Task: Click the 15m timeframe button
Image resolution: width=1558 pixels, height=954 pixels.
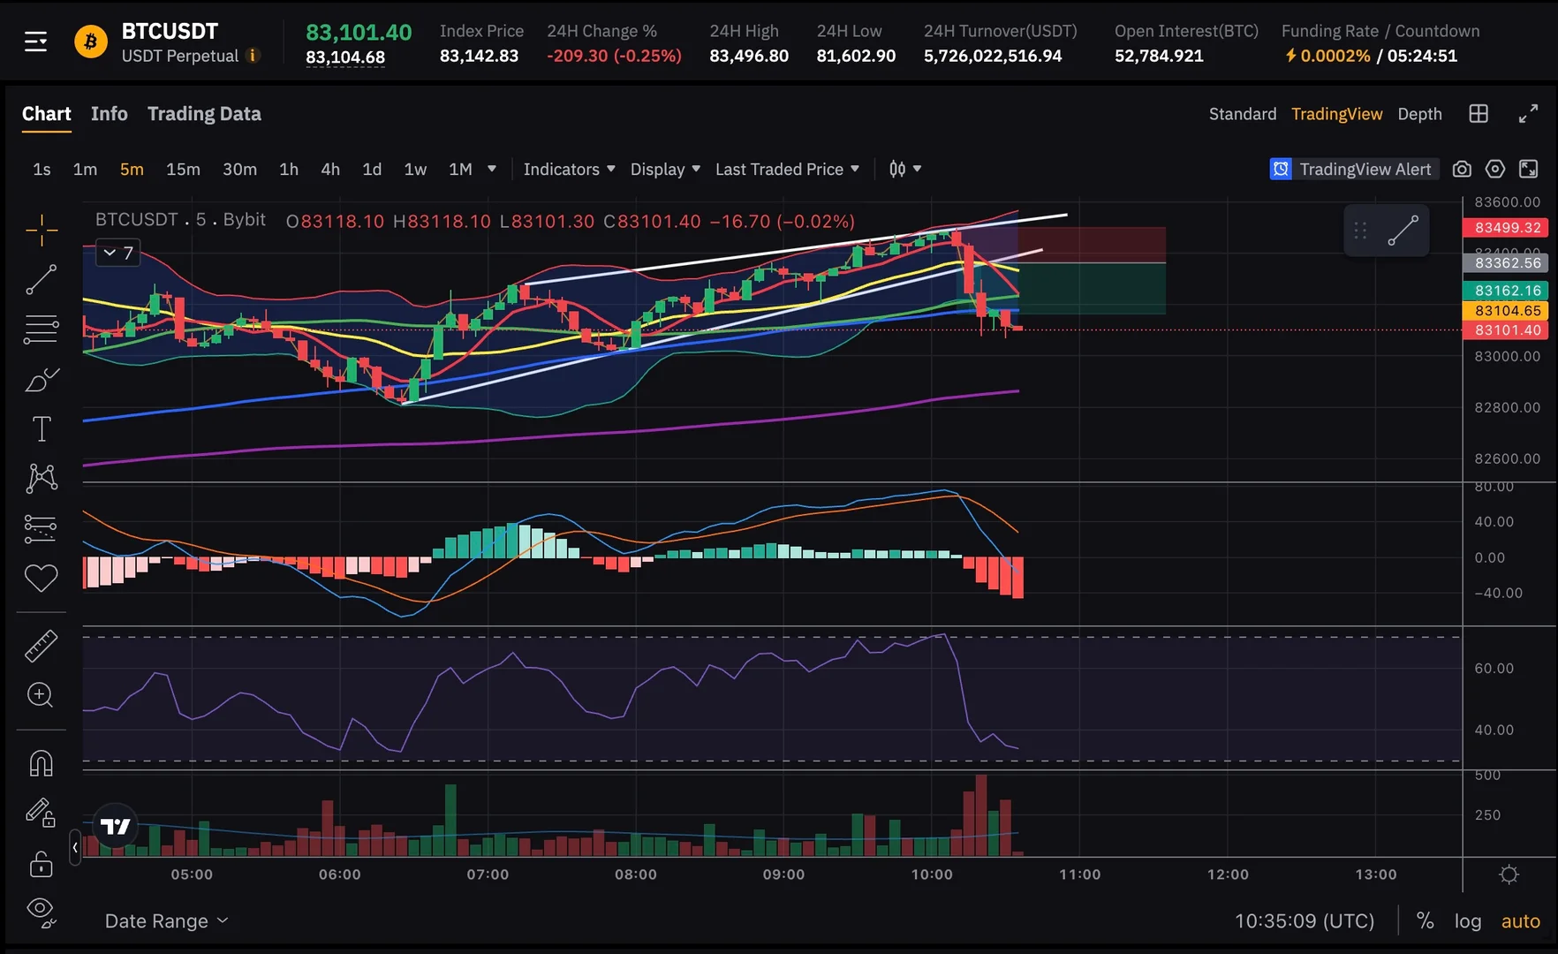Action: click(x=183, y=170)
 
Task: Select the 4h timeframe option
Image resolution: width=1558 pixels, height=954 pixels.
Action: click(x=330, y=170)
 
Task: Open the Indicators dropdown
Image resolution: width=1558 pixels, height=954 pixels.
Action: click(x=569, y=170)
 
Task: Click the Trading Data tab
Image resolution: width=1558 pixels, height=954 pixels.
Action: click(x=204, y=114)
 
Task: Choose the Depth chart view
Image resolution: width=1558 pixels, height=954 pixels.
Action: click(x=1419, y=114)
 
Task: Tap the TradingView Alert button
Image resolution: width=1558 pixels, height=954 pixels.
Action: click(x=1354, y=170)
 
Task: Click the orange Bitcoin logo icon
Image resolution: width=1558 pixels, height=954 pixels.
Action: click(x=90, y=42)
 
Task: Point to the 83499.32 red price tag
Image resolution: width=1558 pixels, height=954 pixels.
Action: click(x=1507, y=228)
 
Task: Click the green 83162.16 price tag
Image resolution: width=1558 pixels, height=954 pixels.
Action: click(x=1507, y=291)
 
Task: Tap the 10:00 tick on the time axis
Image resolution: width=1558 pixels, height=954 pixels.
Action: click(x=932, y=874)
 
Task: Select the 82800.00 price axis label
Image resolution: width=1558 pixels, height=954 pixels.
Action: click(x=1507, y=408)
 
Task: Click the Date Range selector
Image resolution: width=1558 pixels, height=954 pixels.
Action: click(x=166, y=921)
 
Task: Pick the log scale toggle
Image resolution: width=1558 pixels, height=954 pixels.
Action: click(x=1467, y=921)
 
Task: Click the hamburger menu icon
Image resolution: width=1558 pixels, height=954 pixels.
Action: click(x=35, y=42)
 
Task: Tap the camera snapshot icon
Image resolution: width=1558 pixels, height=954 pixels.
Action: click(x=1462, y=170)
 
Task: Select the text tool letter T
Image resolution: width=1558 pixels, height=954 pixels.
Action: click(x=42, y=429)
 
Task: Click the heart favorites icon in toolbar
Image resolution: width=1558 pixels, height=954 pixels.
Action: click(x=41, y=579)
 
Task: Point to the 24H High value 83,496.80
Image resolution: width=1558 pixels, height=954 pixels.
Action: click(x=749, y=56)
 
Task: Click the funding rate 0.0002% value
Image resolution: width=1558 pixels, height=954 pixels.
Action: click(x=1335, y=56)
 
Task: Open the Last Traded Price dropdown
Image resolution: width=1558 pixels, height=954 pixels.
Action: click(x=787, y=170)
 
